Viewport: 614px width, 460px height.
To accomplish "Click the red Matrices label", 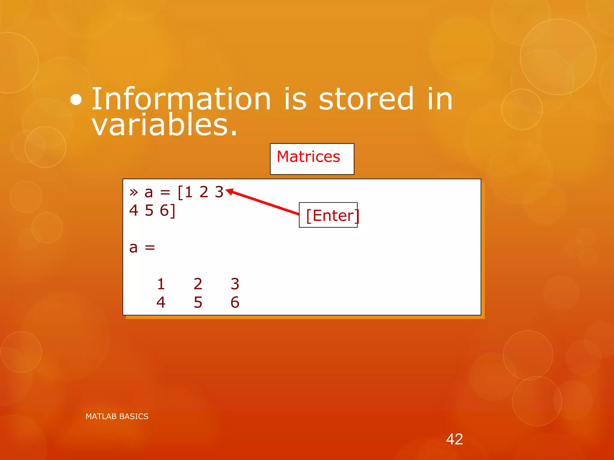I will [308, 157].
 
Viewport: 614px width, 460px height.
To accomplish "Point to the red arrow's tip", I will [227, 190].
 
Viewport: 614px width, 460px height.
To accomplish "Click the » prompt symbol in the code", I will [134, 192].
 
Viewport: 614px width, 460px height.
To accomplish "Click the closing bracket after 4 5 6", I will [173, 211].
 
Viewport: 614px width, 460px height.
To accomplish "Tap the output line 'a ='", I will [142, 248].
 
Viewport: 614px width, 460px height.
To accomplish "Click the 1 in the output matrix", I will [161, 284].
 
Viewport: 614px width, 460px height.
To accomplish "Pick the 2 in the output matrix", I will [198, 284].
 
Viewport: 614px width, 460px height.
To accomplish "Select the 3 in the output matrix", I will [235, 284].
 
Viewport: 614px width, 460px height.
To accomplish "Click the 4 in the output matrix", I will [161, 302].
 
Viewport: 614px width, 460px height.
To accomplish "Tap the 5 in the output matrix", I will [198, 302].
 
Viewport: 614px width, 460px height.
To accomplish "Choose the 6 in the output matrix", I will [235, 302].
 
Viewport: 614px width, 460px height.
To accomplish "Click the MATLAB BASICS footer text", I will [117, 417].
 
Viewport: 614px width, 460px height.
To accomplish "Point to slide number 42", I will [454, 439].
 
